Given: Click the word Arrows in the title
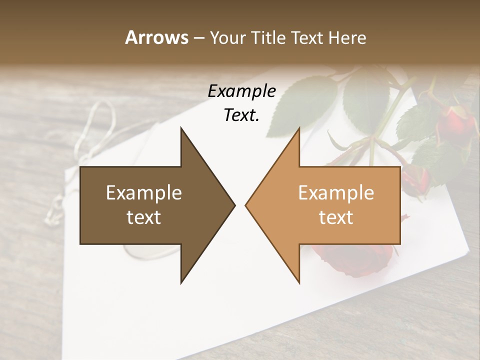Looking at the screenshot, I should pyautogui.click(x=156, y=37).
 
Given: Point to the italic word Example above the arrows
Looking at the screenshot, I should pyautogui.click(x=242, y=91).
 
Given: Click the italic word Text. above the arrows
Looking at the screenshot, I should pyautogui.click(x=242, y=115).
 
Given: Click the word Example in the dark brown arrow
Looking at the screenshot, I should pyautogui.click(x=144, y=193).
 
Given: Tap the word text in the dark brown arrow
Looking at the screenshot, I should pyautogui.click(x=144, y=217).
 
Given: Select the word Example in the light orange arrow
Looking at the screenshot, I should pyautogui.click(x=336, y=193).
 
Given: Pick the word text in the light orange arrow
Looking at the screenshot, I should pyautogui.click(x=336, y=217).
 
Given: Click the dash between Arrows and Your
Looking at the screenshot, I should pyautogui.click(x=198, y=38).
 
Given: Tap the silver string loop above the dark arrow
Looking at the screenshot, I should pyautogui.click(x=100, y=120).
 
